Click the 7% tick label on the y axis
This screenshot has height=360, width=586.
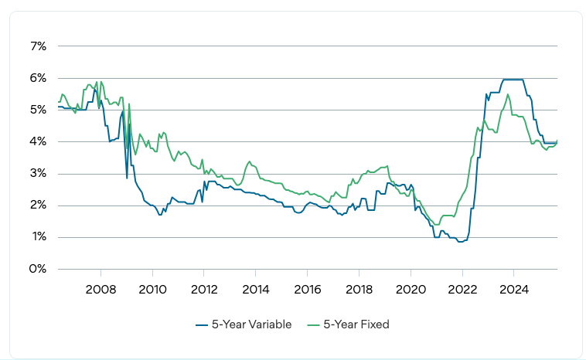click(x=38, y=46)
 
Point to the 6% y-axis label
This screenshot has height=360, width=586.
click(x=38, y=78)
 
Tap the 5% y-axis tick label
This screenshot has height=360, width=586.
click(x=38, y=110)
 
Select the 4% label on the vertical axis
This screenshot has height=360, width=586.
click(x=38, y=142)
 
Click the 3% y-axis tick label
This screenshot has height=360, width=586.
click(x=38, y=174)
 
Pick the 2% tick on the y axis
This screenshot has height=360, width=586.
click(x=38, y=205)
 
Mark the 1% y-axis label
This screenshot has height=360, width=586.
click(x=38, y=237)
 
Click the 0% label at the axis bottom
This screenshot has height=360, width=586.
click(x=38, y=269)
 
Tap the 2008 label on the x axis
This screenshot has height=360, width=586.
click(x=101, y=290)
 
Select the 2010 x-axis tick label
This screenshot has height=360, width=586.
click(x=152, y=290)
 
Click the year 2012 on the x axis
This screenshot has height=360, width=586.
click(x=203, y=290)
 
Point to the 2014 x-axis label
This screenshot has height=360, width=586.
click(x=255, y=290)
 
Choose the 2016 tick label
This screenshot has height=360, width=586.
click(x=307, y=290)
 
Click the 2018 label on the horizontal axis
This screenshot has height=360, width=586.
click(x=359, y=290)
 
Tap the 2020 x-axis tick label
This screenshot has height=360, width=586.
click(x=410, y=290)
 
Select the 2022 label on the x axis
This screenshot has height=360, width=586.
click(x=462, y=290)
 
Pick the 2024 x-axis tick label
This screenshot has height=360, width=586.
click(x=513, y=290)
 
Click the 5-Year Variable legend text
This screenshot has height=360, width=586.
click(x=251, y=324)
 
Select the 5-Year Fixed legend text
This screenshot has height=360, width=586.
click(x=357, y=324)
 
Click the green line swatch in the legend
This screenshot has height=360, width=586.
click(x=315, y=324)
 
